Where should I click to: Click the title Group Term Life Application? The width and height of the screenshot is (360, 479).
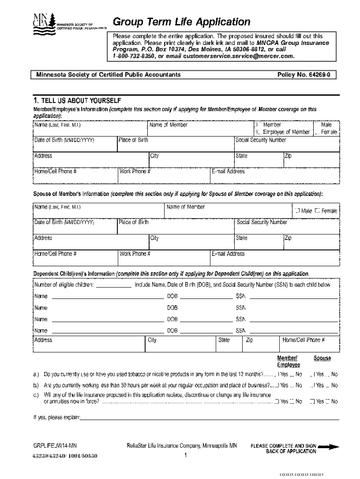pos(181,22)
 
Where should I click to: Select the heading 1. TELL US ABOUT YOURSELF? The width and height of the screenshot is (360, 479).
pos(77,101)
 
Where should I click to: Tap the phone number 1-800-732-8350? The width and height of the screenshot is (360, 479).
pos(133,56)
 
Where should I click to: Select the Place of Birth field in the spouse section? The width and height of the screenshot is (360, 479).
pos(175,228)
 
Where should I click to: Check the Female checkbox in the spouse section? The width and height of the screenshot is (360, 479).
pos(317,211)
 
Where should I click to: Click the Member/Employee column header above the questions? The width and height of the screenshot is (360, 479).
pos(288,362)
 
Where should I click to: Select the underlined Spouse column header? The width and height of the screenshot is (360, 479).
pos(322,358)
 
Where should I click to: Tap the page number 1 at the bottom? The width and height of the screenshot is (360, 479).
pos(186,456)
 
